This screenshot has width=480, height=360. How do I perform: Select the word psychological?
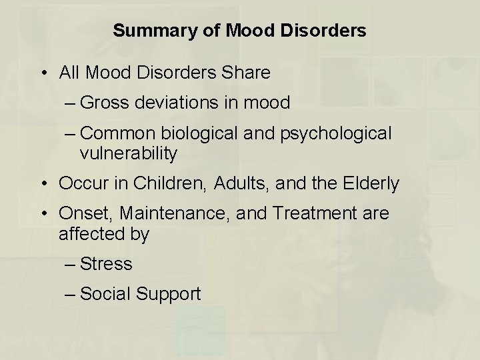[337, 134]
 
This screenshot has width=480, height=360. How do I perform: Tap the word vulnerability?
[128, 154]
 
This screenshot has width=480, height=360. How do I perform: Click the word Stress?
[106, 264]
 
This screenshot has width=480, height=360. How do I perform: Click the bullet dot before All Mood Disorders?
[42, 73]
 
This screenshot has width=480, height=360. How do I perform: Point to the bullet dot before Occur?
[42, 184]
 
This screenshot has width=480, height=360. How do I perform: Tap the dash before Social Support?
[70, 294]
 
